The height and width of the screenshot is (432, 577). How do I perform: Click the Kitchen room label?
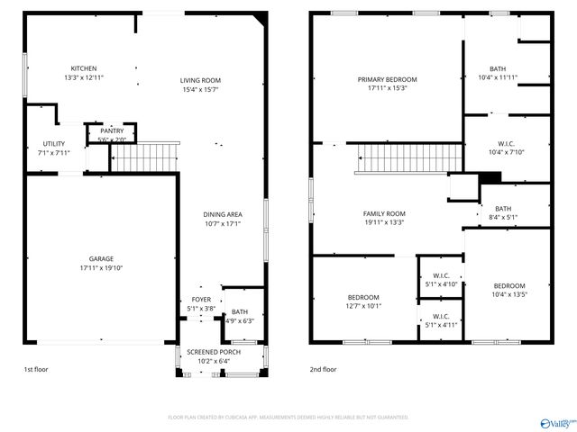(84, 68)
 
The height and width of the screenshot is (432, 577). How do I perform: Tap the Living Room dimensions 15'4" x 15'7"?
(200, 89)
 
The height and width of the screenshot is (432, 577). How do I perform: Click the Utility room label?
(53, 144)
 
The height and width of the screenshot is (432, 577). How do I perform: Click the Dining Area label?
(222, 214)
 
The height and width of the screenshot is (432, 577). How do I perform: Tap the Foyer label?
(200, 300)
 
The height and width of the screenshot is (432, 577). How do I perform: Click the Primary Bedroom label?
(386, 79)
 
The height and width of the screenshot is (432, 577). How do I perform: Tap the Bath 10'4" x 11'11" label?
(498, 69)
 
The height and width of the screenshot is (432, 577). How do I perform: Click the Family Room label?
(384, 214)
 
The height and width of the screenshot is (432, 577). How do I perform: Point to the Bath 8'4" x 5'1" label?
(502, 209)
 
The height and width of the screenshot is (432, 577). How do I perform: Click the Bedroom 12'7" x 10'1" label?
(363, 297)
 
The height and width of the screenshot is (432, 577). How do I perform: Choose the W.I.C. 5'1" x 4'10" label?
(441, 275)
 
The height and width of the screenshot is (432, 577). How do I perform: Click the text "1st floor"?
(35, 369)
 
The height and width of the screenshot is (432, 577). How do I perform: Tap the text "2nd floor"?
(323, 369)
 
